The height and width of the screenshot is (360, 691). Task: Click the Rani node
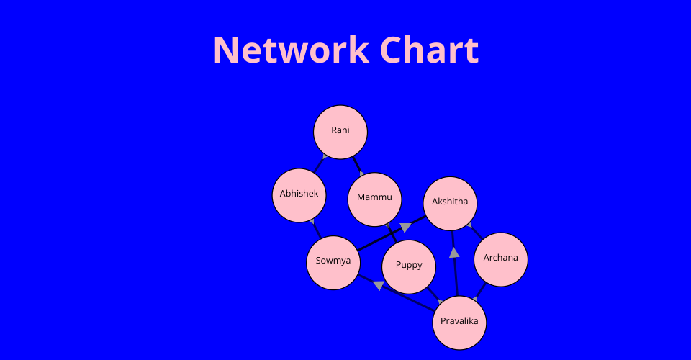(340, 132)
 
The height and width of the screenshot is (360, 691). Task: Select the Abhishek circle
(299, 194)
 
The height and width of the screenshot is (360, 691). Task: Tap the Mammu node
(374, 199)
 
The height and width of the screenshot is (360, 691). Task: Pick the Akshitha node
(450, 202)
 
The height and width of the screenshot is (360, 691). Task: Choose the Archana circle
(501, 259)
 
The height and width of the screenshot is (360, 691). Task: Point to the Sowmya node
(333, 262)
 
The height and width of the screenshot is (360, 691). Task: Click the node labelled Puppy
(409, 266)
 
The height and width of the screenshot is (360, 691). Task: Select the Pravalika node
(459, 322)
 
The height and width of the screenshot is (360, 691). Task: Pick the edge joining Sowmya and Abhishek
(316, 228)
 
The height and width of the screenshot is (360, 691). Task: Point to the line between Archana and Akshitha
(475, 231)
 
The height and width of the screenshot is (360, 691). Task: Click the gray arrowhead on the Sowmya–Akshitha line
(405, 228)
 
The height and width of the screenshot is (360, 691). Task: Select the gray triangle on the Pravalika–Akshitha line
(454, 252)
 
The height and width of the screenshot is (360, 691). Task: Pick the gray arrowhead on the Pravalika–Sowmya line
(379, 285)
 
